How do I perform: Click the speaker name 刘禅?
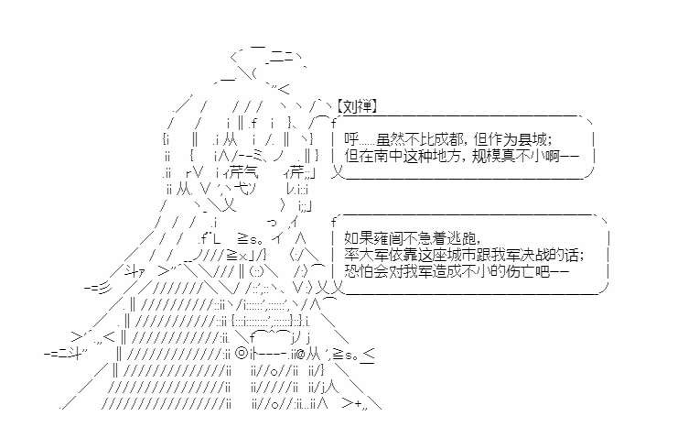coord(357,106)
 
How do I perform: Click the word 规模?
coord(487,156)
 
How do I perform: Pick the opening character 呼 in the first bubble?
coord(351,139)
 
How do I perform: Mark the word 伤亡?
coord(521,271)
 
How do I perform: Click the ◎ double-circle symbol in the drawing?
coord(241,354)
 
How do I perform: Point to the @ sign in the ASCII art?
coord(299,355)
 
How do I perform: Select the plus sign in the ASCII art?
coord(358,403)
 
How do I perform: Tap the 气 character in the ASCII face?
coord(250,171)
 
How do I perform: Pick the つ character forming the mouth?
coord(272,222)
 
